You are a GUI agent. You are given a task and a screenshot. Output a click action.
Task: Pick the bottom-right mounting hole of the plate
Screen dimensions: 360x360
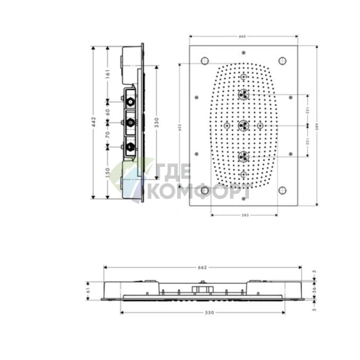coord(282,191)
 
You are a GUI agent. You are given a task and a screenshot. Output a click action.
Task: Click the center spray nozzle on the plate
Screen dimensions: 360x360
coord(243,125)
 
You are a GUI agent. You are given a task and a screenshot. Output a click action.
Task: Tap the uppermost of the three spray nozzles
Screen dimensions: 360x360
coord(243,94)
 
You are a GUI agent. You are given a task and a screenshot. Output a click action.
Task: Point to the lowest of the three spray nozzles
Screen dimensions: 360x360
coord(243,156)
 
